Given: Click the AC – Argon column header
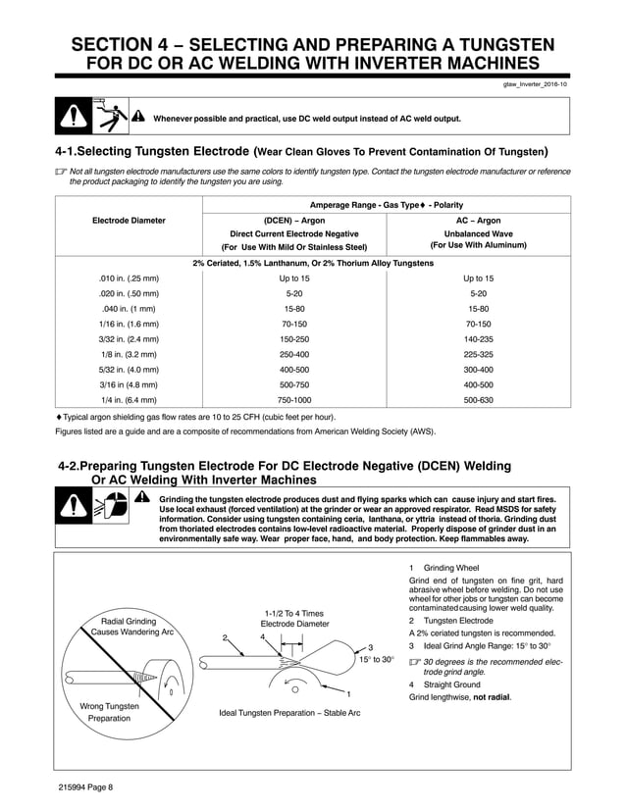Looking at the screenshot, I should [478, 221].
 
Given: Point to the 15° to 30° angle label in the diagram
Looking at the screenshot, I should [377, 659].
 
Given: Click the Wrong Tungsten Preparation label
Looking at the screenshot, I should [109, 712].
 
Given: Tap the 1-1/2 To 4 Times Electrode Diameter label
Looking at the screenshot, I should [294, 618].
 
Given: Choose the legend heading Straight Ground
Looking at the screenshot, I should [451, 684].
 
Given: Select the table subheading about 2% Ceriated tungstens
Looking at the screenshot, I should [312, 263].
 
